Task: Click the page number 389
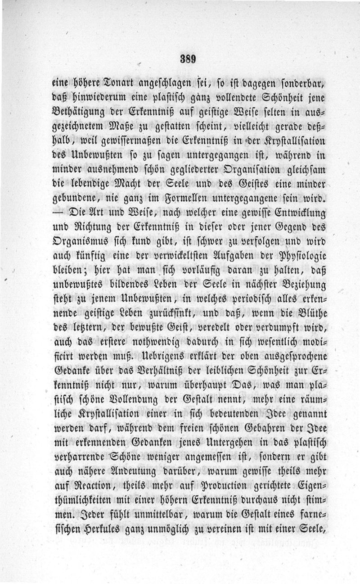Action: (186, 59)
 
